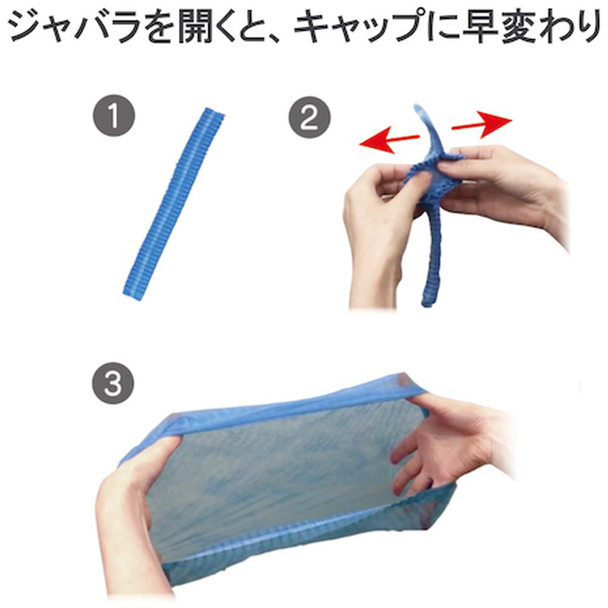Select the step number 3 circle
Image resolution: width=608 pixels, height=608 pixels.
point(113,383)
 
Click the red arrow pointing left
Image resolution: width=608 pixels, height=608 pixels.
point(389,141)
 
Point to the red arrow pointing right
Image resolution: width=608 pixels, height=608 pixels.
point(482,124)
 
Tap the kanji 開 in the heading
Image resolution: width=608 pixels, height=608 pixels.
point(196,26)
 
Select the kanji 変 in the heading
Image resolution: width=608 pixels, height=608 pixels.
point(520,26)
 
